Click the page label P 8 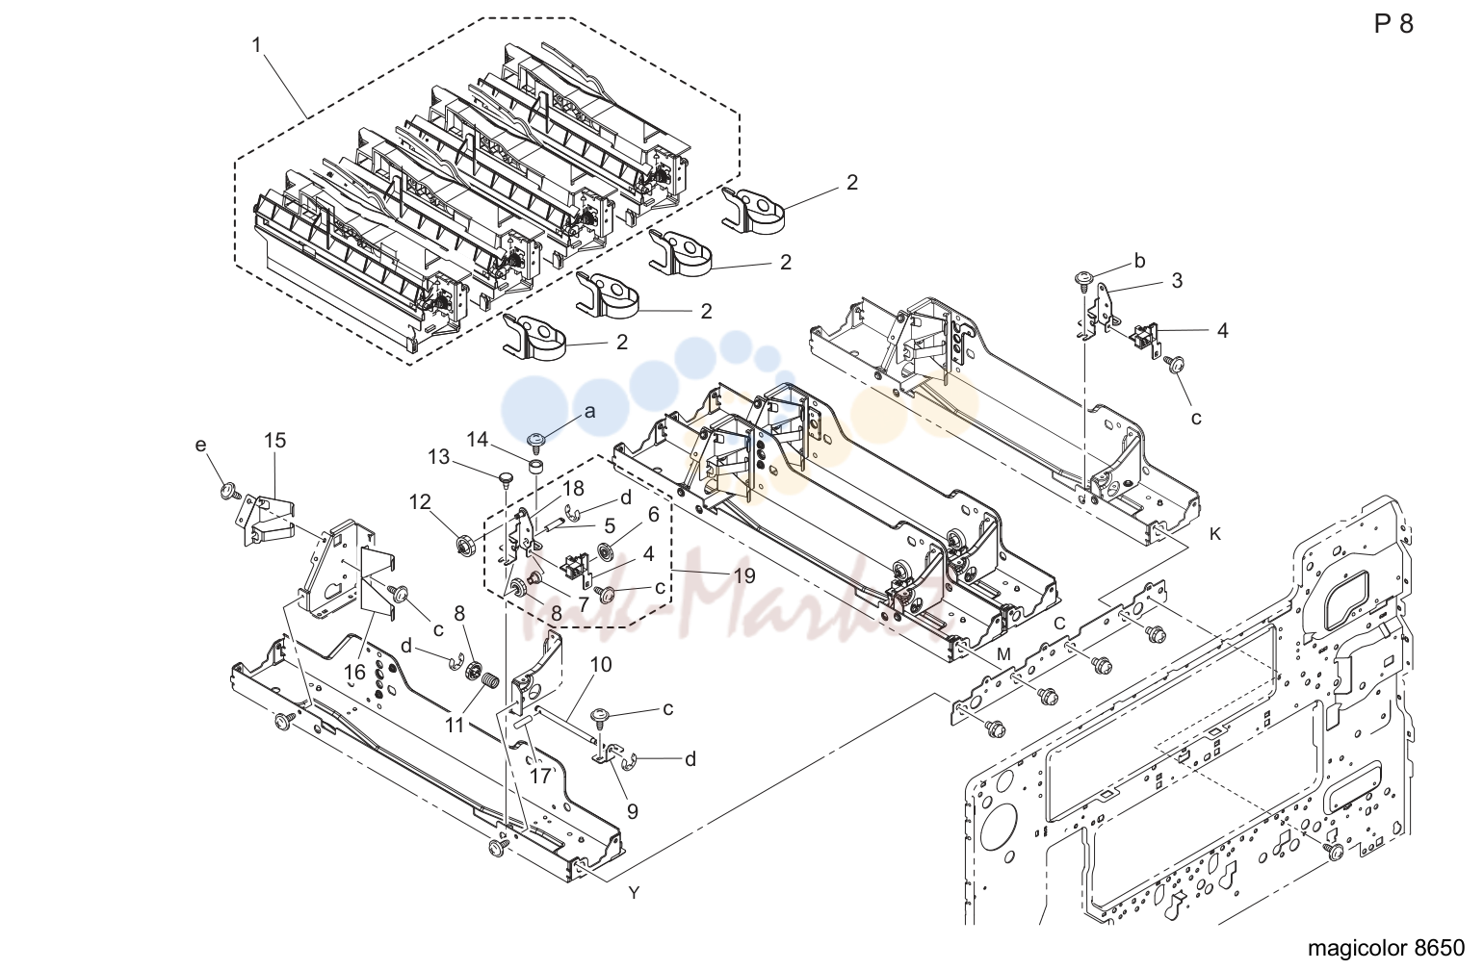(x=1393, y=24)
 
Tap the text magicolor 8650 (x=1386, y=948)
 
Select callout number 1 (x=256, y=45)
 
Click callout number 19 (x=744, y=575)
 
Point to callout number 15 (x=274, y=441)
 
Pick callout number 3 (x=1177, y=281)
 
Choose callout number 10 (x=601, y=664)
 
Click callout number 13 (x=438, y=457)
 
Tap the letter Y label (x=634, y=893)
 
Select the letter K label (x=1215, y=534)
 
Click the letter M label (x=1004, y=654)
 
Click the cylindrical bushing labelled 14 (x=536, y=466)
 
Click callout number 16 (x=354, y=673)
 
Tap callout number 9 (x=633, y=811)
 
